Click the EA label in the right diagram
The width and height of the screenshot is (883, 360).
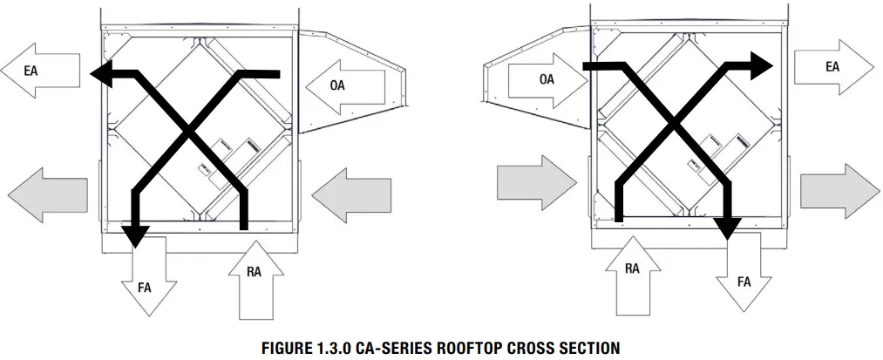832,66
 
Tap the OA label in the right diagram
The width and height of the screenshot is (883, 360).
547,79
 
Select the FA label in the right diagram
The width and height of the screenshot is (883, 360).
744,282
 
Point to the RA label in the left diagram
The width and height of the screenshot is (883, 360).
255,273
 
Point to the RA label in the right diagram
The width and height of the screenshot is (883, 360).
632,268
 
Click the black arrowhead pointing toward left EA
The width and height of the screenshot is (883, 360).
104,75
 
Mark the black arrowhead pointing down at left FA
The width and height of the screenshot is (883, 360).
136,234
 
